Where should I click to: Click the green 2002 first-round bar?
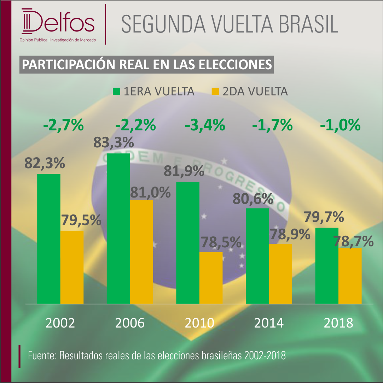pos(49,239)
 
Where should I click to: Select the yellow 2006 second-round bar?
pos(141,252)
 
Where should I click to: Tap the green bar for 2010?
pos(188,243)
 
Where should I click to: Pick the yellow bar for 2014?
pos(280,274)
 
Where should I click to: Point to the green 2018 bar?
pos(327,266)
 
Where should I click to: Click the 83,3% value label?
pos(114,142)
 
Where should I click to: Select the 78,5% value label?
pos(221,242)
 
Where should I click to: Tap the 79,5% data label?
pos(81,220)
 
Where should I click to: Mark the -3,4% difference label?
pos(205,125)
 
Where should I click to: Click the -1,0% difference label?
pos(340,125)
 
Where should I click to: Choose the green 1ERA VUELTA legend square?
pos(116,92)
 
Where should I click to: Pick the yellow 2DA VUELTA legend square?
pos(215,92)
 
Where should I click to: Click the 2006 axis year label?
pos(130,323)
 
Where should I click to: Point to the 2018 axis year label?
pos(338,323)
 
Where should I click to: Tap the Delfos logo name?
pos(58,22)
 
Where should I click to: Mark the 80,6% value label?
pos(253,199)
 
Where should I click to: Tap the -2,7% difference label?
pos(64,125)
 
